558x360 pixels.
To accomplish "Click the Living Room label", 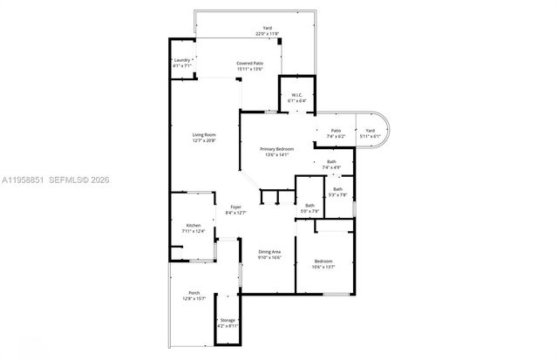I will click(x=204, y=133).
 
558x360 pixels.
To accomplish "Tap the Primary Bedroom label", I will click(x=277, y=149).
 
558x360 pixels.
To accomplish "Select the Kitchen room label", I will click(x=193, y=226).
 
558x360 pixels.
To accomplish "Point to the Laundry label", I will click(x=181, y=59).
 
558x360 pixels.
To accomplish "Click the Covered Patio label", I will click(x=250, y=64).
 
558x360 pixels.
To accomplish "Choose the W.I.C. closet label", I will click(x=296, y=95).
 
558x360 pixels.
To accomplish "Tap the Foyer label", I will click(x=236, y=206).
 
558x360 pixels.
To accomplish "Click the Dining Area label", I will click(x=269, y=252).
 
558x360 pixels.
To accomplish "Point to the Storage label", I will click(x=228, y=321).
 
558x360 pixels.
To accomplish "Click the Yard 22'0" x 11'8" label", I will click(x=268, y=28).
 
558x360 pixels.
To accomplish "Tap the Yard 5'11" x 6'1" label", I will click(x=370, y=130).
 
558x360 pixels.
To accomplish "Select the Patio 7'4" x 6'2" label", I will click(x=336, y=130).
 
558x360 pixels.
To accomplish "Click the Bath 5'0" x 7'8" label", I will click(x=310, y=205).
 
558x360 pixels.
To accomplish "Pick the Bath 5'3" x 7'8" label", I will click(x=337, y=189).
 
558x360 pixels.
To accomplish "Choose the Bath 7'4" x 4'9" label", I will click(x=331, y=162).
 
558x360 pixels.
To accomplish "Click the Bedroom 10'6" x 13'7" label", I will click(x=323, y=261).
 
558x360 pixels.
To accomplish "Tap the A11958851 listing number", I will click(x=23, y=180).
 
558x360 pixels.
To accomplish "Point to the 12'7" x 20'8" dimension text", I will click(x=204, y=139).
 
